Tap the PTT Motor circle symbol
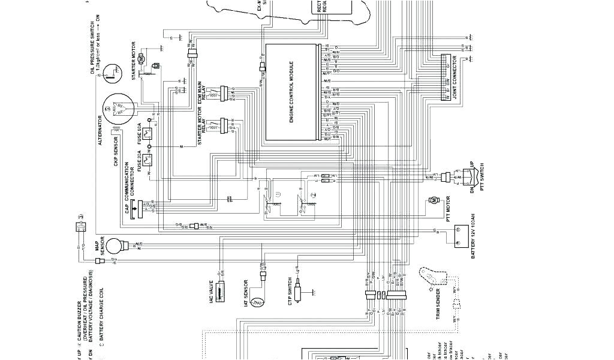click(432, 203)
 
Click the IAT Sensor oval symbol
click(258, 304)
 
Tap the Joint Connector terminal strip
click(446, 78)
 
